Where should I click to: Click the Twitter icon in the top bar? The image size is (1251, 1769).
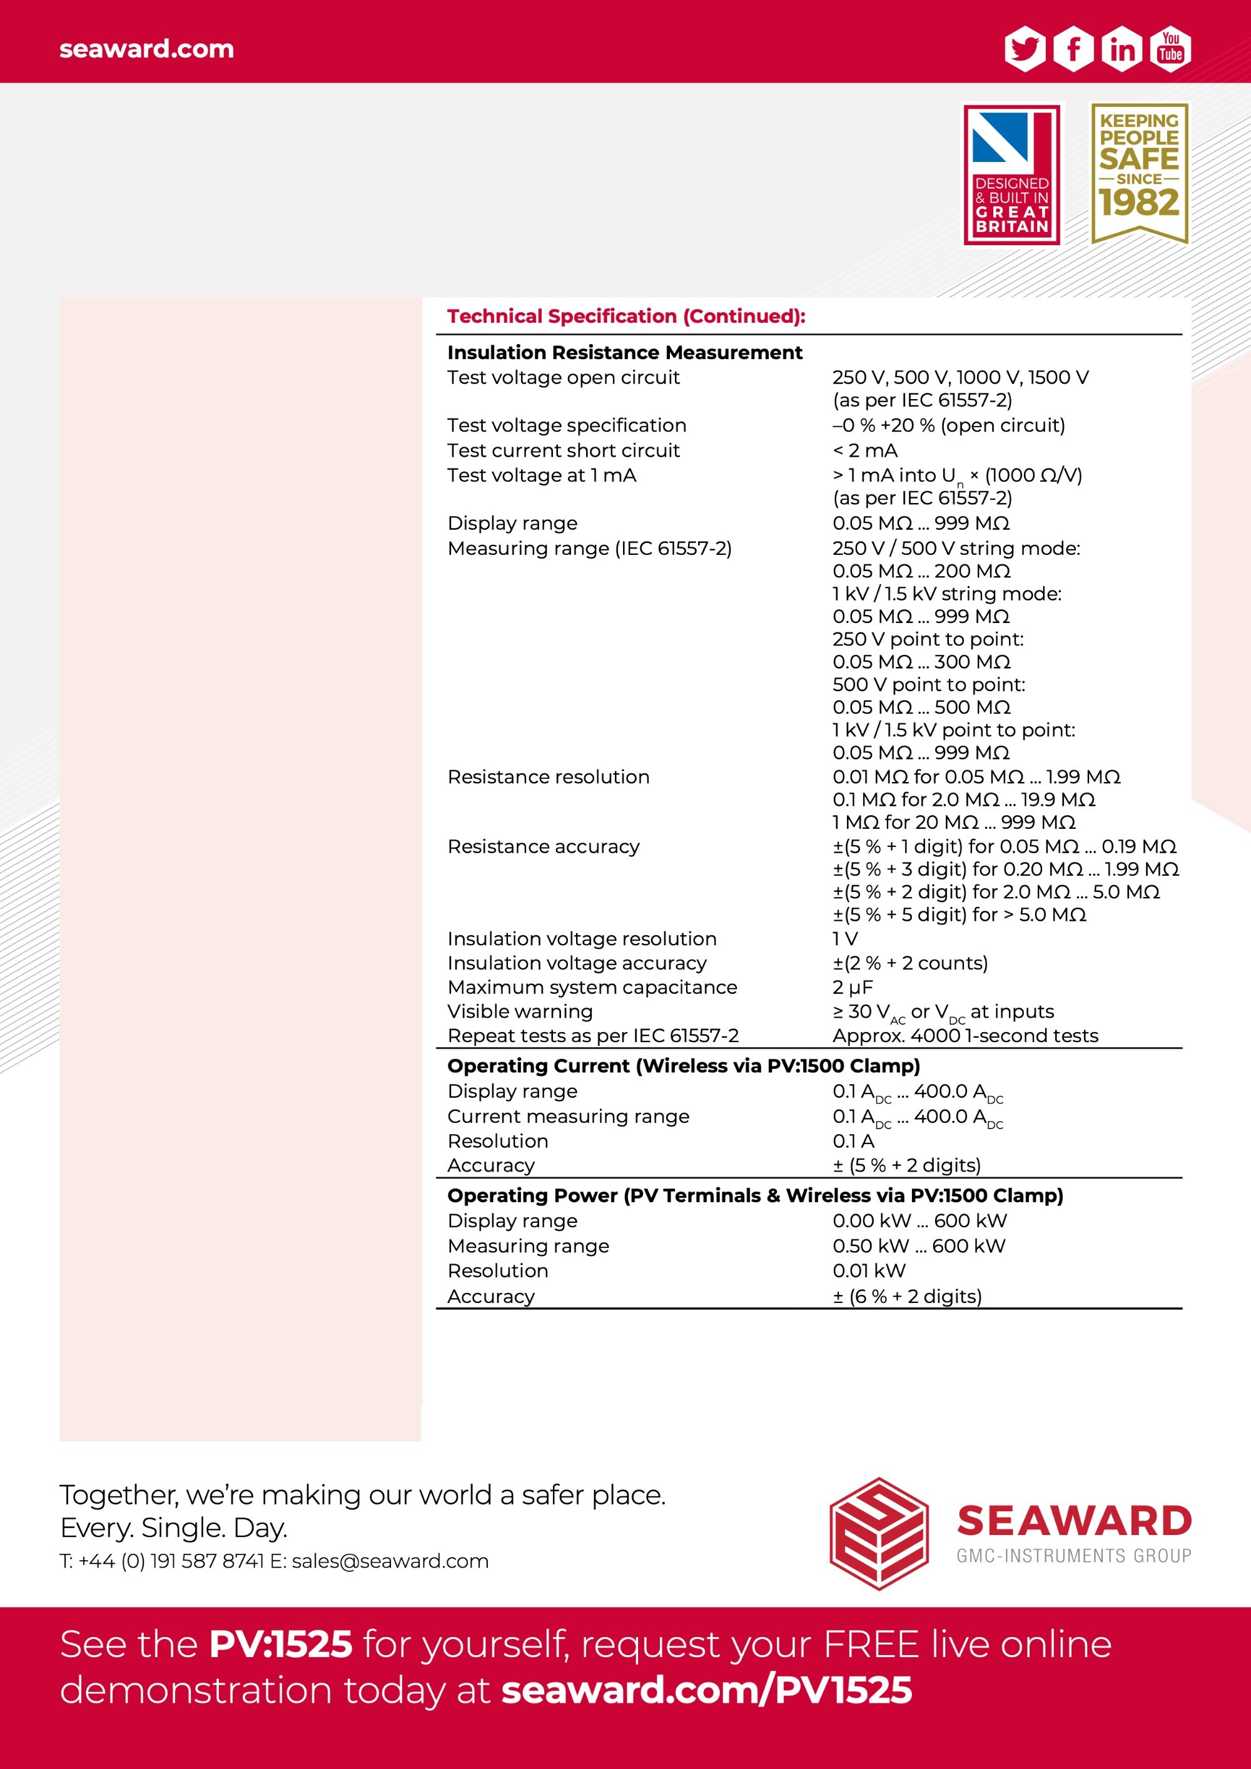1025,49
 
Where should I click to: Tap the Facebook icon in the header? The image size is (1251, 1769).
1073,49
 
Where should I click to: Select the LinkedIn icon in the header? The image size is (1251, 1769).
1122,49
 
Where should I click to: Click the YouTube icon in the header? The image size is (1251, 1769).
1171,49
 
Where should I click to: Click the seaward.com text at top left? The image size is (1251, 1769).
146,49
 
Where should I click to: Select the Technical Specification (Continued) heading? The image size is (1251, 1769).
626,316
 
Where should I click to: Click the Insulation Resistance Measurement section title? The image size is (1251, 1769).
625,352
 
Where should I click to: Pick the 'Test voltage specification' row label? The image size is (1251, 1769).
566,425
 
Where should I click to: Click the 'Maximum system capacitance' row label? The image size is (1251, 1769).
592,987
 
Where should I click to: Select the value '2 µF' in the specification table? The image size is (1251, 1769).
852,987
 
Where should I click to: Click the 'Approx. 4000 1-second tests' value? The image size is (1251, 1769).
965,1035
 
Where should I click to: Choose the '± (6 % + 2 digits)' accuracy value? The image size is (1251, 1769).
908,1296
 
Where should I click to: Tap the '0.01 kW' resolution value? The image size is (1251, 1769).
869,1270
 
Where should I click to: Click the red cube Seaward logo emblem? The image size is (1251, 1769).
879,1533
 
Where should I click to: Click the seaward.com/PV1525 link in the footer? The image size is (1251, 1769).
706,1690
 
